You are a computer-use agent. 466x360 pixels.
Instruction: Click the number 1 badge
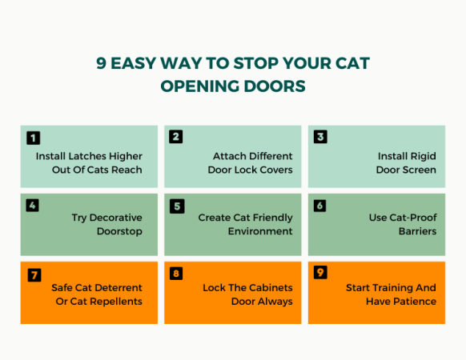(33, 138)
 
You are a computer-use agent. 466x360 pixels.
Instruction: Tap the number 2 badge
(176, 137)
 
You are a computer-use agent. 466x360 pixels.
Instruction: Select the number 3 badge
(320, 137)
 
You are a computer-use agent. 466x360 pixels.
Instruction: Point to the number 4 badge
(33, 206)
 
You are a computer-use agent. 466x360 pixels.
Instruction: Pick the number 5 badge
(176, 206)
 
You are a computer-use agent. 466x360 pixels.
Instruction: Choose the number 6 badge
(320, 206)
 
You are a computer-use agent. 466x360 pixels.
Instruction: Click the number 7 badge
(33, 274)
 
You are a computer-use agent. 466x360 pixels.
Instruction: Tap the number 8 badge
(176, 274)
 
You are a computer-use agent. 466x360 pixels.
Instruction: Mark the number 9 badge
(320, 274)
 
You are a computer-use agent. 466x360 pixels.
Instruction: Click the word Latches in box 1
(91, 156)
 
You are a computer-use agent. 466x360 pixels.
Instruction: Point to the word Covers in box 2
(275, 170)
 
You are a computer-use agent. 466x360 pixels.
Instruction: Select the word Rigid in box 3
(420, 156)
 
